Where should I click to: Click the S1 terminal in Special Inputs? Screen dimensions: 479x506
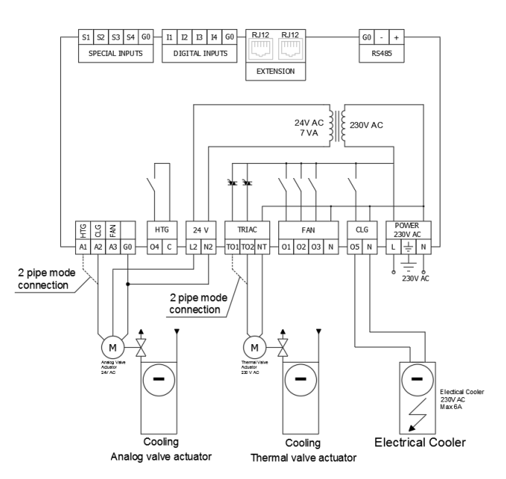pyautogui.click(x=86, y=36)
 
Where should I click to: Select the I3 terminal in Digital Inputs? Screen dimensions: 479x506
pyautogui.click(x=197, y=36)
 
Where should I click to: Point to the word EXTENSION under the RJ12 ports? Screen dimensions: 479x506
pyautogui.click(x=275, y=72)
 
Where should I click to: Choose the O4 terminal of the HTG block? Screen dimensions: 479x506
pyautogui.click(x=154, y=245)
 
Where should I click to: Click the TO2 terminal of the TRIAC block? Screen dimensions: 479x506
pyautogui.click(x=248, y=245)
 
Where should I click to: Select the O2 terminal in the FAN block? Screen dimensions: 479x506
pyautogui.click(x=301, y=245)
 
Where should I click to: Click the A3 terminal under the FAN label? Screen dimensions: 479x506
pyautogui.click(x=112, y=245)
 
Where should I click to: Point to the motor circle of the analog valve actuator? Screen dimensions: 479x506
pyautogui.click(x=112, y=346)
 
